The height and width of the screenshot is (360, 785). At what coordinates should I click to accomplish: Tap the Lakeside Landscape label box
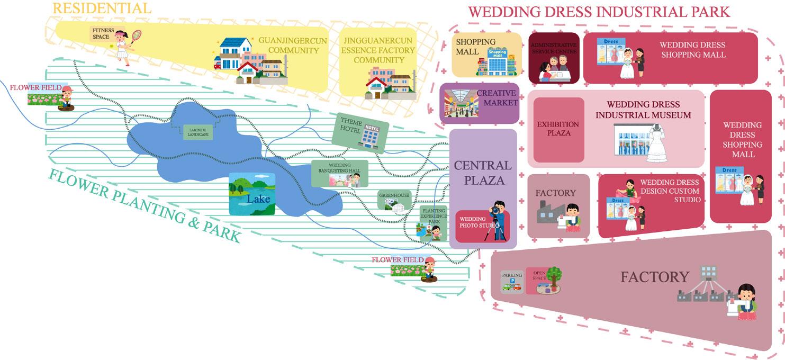197,132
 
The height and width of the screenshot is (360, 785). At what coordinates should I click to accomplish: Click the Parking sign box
511,281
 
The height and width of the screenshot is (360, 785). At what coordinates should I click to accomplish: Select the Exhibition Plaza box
558,129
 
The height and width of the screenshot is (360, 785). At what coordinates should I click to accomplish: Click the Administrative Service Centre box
554,58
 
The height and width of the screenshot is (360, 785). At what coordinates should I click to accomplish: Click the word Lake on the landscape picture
258,200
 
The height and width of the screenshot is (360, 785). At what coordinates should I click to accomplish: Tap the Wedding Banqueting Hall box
339,173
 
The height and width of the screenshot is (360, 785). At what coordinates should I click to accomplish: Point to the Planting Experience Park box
434,223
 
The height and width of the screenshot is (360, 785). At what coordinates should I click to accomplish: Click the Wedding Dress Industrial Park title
599,12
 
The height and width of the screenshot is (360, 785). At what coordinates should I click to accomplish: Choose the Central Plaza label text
483,173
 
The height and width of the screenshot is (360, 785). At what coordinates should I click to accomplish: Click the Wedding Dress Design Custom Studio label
670,191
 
